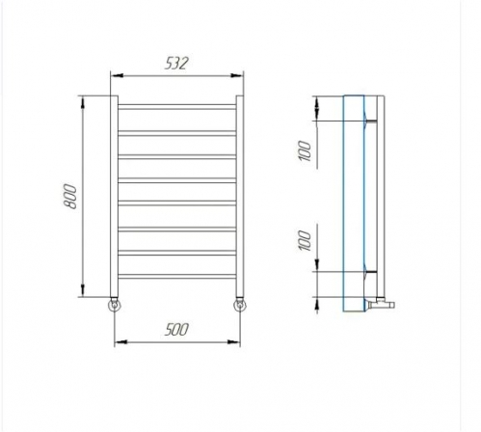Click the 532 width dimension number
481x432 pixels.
(176, 64)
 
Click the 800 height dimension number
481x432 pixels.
(70, 197)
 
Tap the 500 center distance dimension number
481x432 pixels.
(176, 330)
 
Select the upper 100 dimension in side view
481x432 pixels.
(306, 150)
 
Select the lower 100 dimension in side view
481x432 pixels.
(306, 240)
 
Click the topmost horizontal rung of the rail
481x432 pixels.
(177, 107)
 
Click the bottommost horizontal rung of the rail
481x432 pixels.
(177, 277)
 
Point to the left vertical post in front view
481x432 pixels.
(114, 196)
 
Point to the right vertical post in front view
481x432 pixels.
(240, 196)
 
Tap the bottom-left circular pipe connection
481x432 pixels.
(115, 305)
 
